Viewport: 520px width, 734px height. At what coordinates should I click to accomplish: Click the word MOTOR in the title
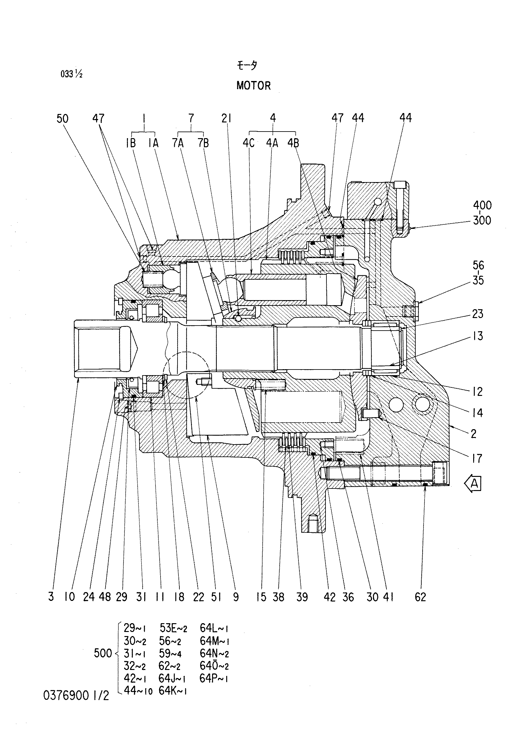(254, 85)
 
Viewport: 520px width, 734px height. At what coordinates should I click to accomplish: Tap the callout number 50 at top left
(63, 119)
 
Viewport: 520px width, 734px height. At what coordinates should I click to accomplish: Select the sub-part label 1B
(131, 143)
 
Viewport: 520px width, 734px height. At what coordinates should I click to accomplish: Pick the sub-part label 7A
(178, 143)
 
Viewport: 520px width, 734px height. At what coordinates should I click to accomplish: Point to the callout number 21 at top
(226, 119)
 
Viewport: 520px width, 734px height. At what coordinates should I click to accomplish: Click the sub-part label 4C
(249, 143)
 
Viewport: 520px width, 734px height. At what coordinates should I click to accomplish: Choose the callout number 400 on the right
(482, 205)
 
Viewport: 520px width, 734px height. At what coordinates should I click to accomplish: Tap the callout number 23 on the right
(477, 314)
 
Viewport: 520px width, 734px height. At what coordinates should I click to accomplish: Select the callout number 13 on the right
(477, 336)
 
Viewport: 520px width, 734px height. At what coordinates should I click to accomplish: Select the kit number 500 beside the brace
(103, 653)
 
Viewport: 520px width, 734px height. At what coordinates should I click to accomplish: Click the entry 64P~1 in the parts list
(214, 678)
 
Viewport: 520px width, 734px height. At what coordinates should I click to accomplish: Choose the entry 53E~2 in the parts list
(173, 628)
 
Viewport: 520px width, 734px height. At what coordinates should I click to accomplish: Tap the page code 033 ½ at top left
(72, 74)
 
